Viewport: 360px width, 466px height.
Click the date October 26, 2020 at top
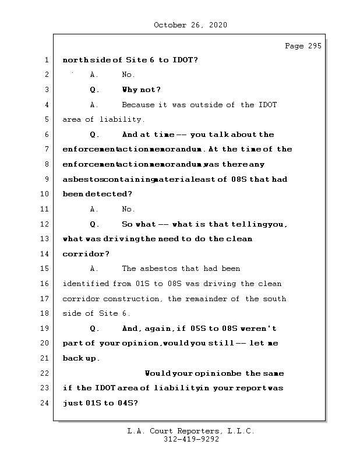190,25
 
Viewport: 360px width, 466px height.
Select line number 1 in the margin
46,60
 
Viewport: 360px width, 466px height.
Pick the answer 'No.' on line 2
128,75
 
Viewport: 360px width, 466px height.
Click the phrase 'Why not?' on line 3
142,90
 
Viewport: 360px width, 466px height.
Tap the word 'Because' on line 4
138,105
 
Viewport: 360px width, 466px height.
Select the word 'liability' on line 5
122,120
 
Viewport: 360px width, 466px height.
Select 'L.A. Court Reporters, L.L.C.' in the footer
191,432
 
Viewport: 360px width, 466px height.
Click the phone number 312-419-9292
191,440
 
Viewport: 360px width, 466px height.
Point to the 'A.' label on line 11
94,209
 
